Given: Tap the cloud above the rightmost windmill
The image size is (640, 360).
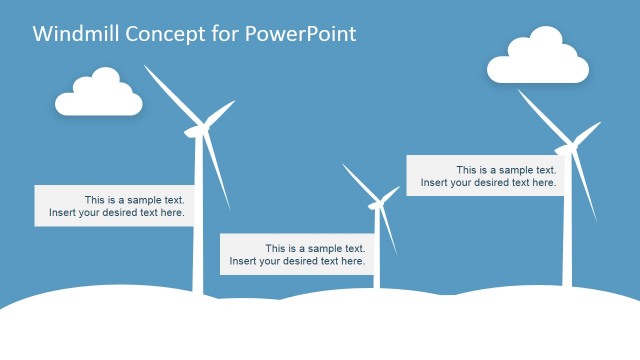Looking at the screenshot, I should click(537, 58).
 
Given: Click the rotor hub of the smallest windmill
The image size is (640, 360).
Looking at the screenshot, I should click(377, 205).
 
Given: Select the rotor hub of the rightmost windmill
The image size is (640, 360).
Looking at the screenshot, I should click(572, 148).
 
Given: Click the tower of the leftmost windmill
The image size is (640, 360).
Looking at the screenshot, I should click(198, 250).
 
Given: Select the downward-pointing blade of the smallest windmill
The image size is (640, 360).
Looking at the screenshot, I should click(389, 230).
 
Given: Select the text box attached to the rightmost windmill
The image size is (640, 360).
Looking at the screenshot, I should click(486, 175).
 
